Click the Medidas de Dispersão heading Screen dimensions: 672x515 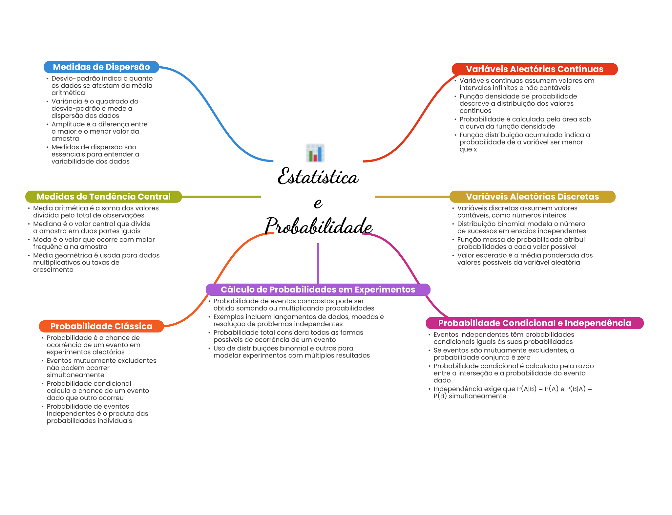coord(101,67)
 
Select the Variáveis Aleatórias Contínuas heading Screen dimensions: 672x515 coord(534,69)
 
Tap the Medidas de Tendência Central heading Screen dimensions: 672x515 coord(103,196)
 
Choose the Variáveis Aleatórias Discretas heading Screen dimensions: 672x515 coord(532,196)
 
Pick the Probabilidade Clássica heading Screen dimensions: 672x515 coord(101,326)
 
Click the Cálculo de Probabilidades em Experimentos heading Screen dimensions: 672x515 coord(318,290)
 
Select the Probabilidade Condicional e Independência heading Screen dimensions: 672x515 coord(534,323)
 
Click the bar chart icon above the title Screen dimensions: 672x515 coord(315,153)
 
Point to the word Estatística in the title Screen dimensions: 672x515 coord(318,177)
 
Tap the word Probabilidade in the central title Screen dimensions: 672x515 coord(318,226)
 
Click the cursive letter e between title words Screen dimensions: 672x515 coord(318,203)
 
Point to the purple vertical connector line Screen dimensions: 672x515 coord(318,263)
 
